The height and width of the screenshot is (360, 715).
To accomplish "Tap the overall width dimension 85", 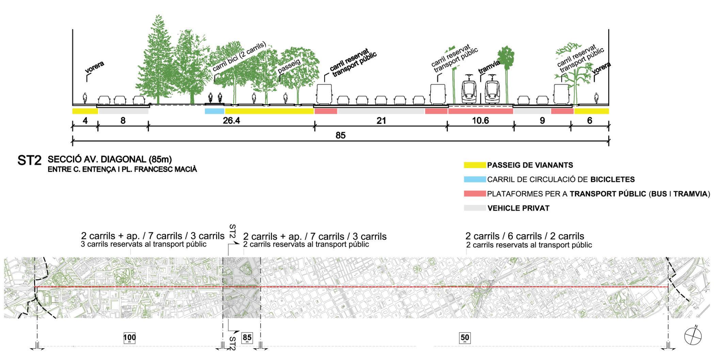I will pyautogui.click(x=340, y=135).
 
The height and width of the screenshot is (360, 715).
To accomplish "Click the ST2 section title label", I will pyautogui.click(x=29, y=161).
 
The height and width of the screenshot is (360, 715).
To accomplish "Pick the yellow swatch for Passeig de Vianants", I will pyautogui.click(x=475, y=165).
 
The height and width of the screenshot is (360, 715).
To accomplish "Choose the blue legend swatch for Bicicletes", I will pyautogui.click(x=475, y=180).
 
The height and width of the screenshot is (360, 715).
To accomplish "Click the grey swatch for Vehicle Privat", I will pyautogui.click(x=475, y=208).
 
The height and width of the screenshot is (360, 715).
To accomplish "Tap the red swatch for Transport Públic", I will pyautogui.click(x=475, y=194).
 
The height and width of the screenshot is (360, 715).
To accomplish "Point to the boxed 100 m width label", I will pyautogui.click(x=129, y=338).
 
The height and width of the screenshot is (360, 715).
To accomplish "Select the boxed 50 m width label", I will pyautogui.click(x=465, y=338).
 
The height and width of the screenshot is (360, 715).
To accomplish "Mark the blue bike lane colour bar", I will pyautogui.click(x=214, y=111).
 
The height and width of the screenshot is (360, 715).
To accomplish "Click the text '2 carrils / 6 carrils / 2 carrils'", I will pyautogui.click(x=525, y=236).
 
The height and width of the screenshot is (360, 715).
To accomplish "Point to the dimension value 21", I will pyautogui.click(x=381, y=120).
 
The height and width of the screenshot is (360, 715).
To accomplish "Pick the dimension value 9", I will pyautogui.click(x=542, y=120).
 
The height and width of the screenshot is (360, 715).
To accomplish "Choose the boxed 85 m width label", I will pyautogui.click(x=247, y=338).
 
